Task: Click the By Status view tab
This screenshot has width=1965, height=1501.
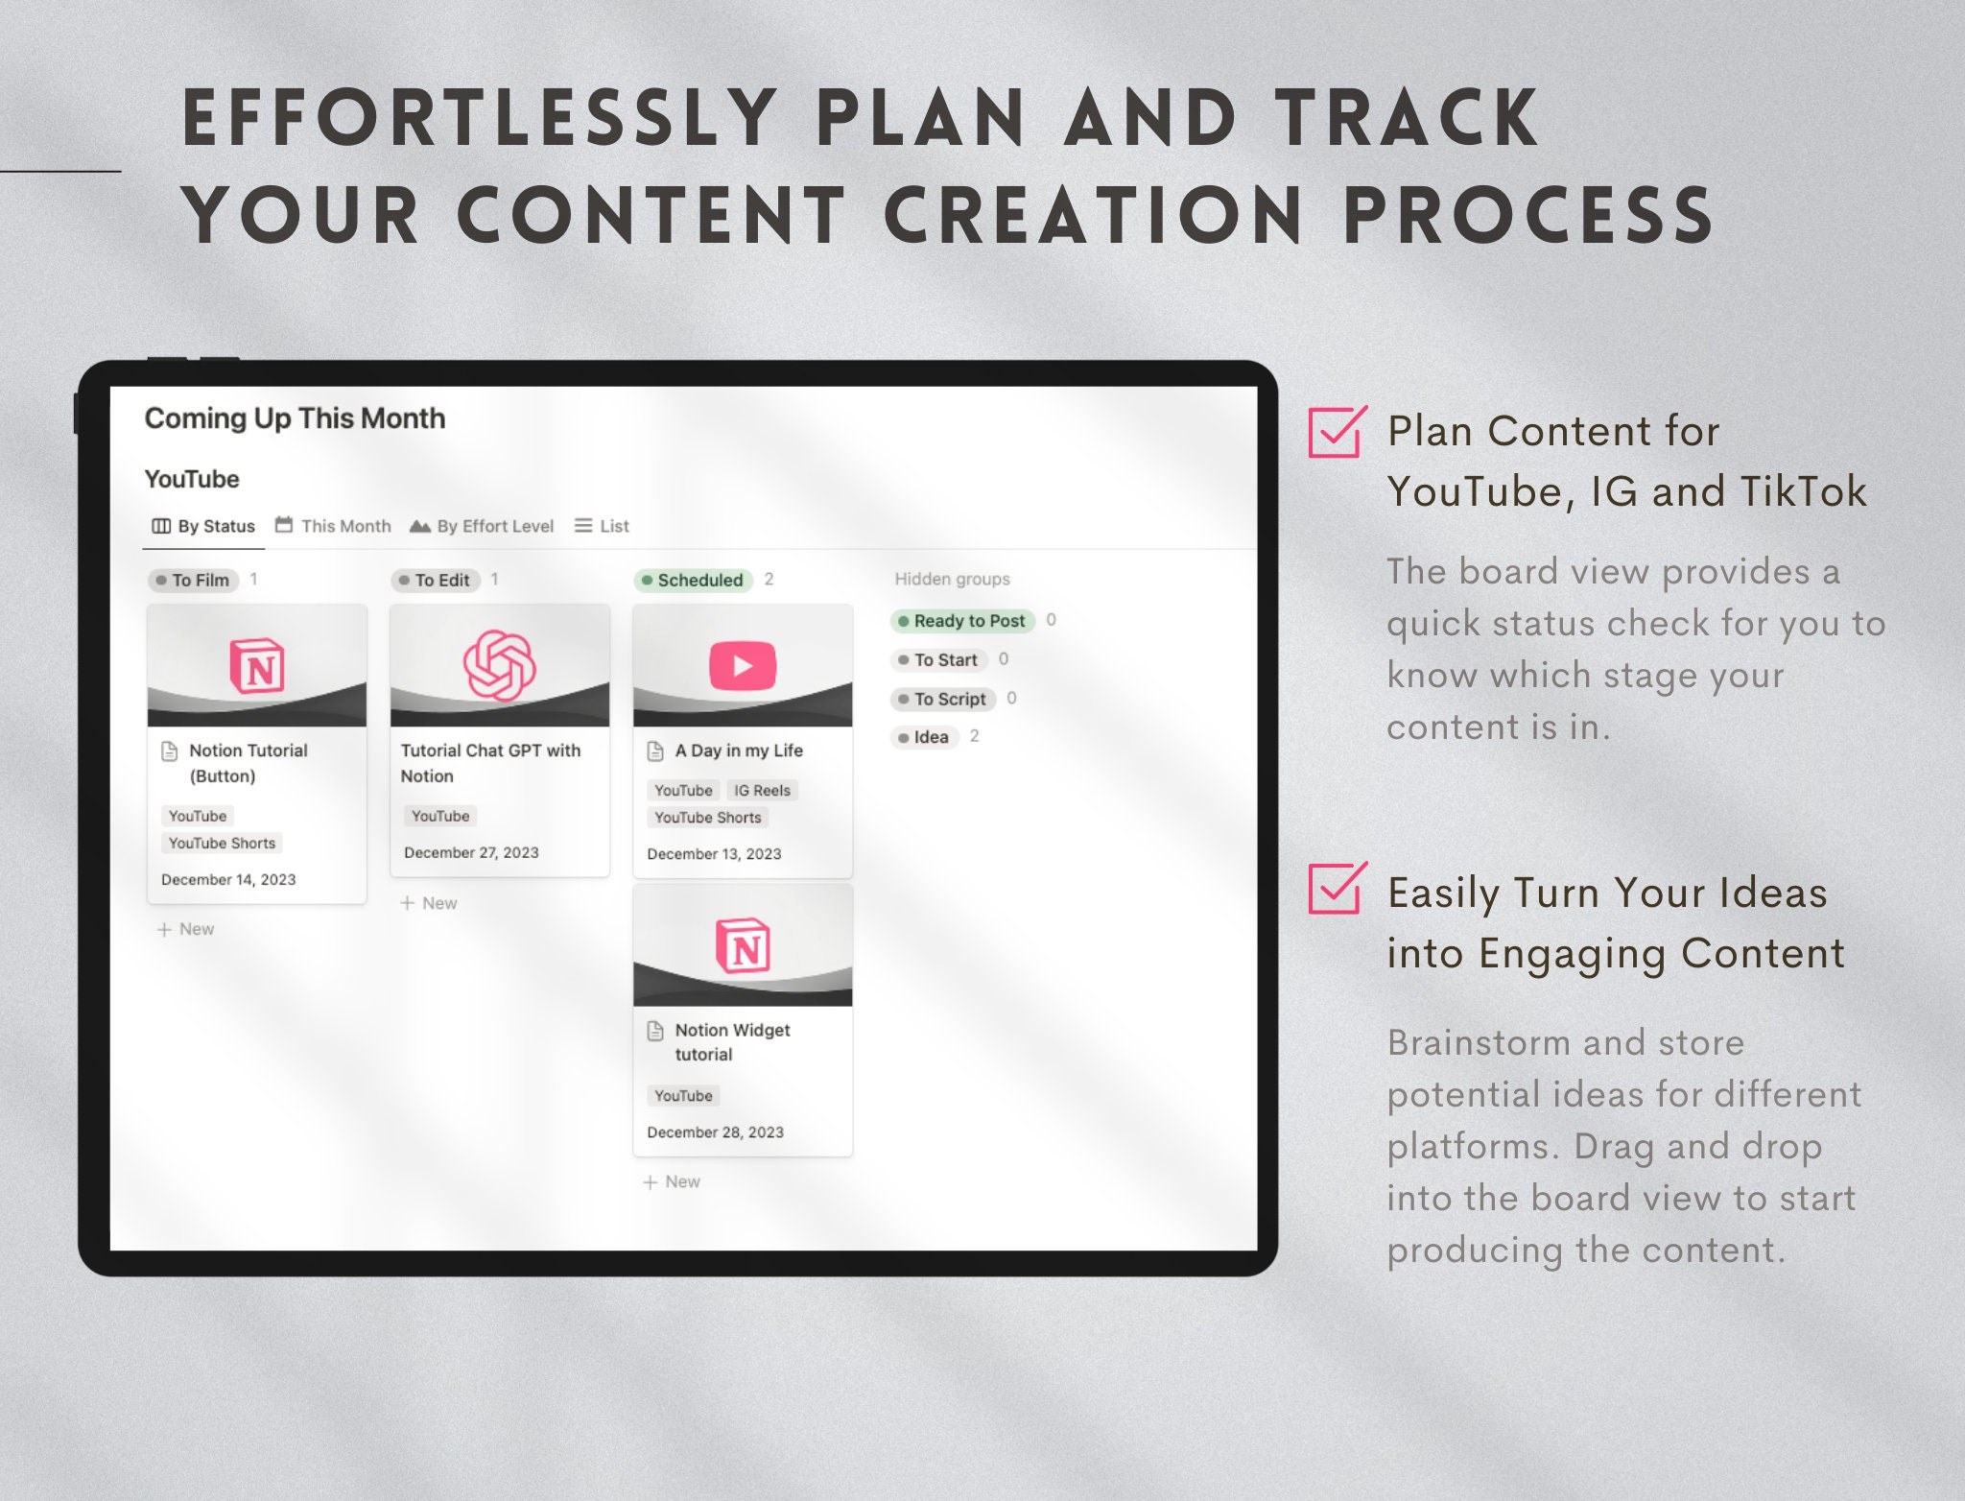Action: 204,526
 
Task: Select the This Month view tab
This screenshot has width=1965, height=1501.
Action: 334,526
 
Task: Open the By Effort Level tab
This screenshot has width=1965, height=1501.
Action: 483,526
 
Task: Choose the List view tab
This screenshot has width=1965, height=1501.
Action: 603,526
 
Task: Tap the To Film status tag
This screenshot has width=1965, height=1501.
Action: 194,580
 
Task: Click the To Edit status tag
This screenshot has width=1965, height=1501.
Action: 436,580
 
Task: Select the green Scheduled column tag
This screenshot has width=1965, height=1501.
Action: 693,580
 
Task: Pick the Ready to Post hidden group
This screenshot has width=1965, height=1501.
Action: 962,621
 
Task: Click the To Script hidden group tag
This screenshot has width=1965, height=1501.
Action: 943,699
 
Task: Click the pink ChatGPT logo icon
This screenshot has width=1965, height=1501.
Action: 499,665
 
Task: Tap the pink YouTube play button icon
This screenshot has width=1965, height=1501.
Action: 743,665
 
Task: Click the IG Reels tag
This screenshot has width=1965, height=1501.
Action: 762,791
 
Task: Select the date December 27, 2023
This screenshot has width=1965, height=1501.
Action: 471,852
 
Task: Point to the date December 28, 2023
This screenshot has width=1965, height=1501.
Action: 715,1132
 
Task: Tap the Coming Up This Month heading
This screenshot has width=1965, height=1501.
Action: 295,418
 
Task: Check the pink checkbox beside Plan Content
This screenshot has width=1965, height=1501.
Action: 1335,433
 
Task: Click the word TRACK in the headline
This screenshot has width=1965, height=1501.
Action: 1406,119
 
